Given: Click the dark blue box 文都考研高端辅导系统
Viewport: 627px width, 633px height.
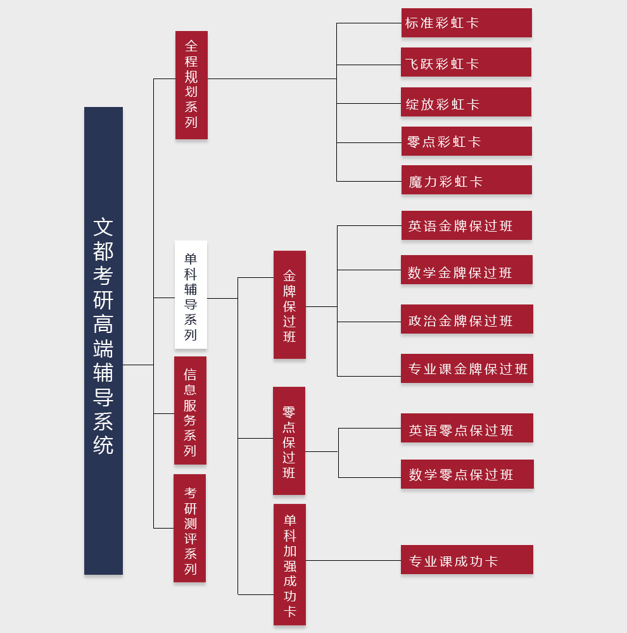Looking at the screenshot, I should click(103, 341).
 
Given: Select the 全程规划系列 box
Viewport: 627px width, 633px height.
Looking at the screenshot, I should click(191, 85).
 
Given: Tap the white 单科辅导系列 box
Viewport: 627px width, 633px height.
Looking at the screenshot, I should click(191, 294).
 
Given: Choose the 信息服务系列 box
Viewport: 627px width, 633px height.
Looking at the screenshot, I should click(190, 410).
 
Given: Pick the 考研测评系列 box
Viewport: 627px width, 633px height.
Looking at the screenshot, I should click(189, 528).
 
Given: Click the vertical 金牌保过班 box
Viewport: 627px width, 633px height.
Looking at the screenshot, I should click(289, 304).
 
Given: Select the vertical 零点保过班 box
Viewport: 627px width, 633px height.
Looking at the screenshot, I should click(289, 441).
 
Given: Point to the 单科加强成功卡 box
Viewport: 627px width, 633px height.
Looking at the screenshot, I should click(289, 564).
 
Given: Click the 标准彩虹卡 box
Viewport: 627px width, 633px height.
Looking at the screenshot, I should click(466, 23).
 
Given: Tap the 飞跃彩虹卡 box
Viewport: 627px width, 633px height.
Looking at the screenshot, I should click(466, 62).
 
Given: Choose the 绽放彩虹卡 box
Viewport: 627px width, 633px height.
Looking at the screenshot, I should click(466, 102).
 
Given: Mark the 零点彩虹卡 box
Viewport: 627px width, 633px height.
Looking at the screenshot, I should click(466, 141).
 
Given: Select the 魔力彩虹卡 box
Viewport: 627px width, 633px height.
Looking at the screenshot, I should click(466, 180).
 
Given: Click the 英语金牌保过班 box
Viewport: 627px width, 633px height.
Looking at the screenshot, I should click(466, 225).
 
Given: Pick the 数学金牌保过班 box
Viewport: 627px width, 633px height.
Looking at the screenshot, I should click(467, 270).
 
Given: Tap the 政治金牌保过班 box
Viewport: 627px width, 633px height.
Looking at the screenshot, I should click(467, 319).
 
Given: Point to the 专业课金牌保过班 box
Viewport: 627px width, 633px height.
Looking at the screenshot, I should click(467, 368).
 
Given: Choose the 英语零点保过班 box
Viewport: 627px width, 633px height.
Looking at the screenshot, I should click(467, 428).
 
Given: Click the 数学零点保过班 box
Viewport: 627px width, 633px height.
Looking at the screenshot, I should click(467, 474).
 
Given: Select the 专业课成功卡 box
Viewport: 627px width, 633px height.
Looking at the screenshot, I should click(467, 560).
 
